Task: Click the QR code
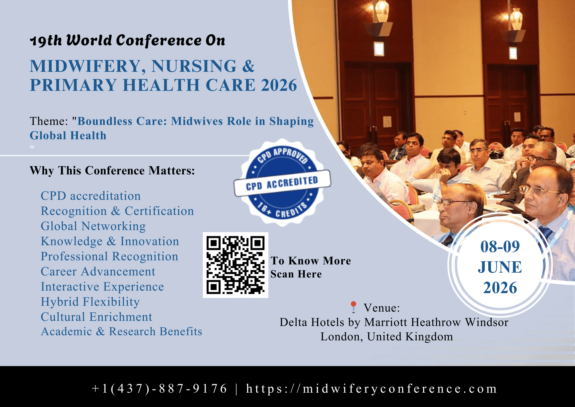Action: point(235,265)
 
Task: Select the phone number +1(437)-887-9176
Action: point(159,389)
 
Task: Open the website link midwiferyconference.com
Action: point(371,389)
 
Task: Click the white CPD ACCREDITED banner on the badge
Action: point(282,183)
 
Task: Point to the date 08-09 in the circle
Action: point(500,247)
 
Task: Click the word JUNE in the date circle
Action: point(500,267)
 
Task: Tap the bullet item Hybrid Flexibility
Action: point(90,302)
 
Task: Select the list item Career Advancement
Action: point(98,272)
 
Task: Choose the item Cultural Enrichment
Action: point(97,317)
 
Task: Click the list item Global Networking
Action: point(93,226)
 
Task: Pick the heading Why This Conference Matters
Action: point(112,171)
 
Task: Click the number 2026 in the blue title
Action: point(279,85)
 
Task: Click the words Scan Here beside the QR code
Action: point(296,274)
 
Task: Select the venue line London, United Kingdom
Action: point(387,336)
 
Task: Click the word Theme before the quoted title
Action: point(49,121)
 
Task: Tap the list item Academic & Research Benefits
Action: point(121,332)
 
